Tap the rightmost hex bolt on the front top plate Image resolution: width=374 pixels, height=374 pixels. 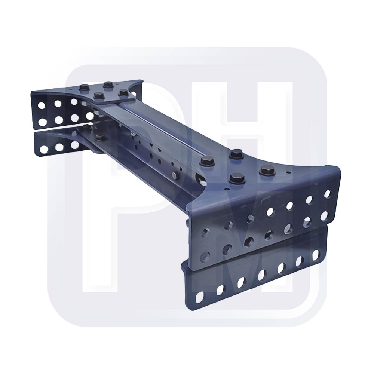click(266, 170)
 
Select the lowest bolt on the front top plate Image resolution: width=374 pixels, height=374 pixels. click(236, 178)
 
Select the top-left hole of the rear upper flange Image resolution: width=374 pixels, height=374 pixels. click(41, 105)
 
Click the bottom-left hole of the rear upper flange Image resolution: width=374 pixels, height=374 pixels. click(41, 122)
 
